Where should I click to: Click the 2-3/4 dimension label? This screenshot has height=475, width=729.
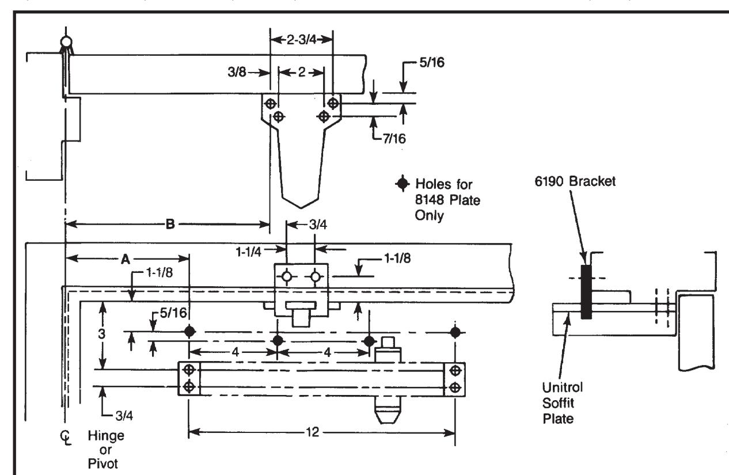[x=301, y=40]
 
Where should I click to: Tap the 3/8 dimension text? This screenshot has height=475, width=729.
[x=237, y=72]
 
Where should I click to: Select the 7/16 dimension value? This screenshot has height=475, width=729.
[x=394, y=139]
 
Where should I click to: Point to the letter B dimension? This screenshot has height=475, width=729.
[x=170, y=224]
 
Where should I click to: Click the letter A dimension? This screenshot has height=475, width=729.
[x=126, y=259]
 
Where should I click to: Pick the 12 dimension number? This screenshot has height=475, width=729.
[x=312, y=432]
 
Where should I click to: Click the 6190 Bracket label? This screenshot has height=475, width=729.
[x=575, y=181]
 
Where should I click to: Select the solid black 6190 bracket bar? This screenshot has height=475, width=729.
[x=586, y=292]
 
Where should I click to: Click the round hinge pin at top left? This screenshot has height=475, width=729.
[x=66, y=42]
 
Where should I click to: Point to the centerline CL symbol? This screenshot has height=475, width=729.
[x=66, y=438]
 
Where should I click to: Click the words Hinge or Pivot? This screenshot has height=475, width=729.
[x=106, y=450]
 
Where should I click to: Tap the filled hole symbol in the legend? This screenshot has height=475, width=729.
[x=403, y=184]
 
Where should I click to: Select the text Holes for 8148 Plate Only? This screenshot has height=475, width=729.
[x=447, y=199]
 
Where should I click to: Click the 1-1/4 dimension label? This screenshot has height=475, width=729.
[x=248, y=252]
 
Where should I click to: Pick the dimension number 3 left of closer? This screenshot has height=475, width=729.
[x=102, y=334]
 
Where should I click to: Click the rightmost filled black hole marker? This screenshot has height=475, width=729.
[x=455, y=332]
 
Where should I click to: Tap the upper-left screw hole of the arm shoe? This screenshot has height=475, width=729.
[x=270, y=104]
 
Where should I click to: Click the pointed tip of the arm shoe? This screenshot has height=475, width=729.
[x=301, y=208]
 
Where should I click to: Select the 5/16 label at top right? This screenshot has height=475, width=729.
[x=432, y=62]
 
